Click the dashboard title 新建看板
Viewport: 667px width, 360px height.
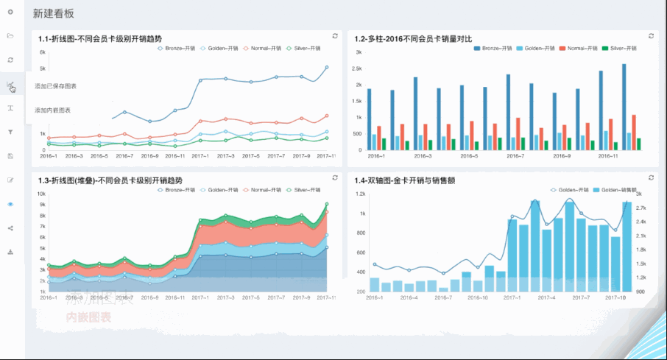coord(54,14)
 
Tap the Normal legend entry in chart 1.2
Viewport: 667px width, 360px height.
coord(574,48)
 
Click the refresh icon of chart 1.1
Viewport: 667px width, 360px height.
coord(335,35)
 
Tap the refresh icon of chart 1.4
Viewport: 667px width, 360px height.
coord(652,177)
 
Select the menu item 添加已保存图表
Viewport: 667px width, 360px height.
coord(55,86)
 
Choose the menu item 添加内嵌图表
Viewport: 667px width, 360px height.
coord(53,110)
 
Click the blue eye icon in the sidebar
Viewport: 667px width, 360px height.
coord(10,204)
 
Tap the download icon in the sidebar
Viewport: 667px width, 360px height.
coord(10,252)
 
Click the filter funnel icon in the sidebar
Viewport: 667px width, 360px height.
coord(10,133)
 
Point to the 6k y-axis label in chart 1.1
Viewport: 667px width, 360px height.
coord(43,53)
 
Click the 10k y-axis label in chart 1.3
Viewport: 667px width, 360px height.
coord(42,194)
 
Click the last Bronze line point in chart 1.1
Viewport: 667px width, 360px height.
coord(326,67)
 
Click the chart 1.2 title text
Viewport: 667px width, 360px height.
coord(412,38)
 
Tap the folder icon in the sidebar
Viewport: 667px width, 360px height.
coord(10,36)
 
